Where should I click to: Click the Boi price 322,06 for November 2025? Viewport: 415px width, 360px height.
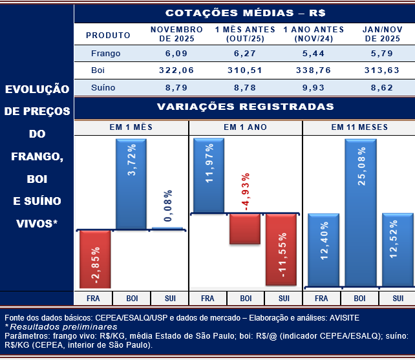[176, 70]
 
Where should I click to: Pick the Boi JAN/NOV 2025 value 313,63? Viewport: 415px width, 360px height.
[379, 70]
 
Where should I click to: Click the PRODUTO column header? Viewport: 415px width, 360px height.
[108, 35]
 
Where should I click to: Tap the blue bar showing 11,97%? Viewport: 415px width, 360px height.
[208, 176]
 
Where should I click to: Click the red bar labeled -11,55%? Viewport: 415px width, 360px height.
[284, 249]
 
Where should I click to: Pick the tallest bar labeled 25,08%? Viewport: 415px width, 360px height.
[360, 213]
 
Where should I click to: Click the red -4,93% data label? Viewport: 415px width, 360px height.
[246, 193]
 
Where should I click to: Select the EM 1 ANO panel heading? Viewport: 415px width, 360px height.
[245, 127]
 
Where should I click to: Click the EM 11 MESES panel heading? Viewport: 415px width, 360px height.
[359, 127]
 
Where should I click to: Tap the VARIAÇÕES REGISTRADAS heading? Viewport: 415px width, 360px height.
[245, 107]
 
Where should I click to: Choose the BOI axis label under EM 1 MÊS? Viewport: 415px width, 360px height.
[132, 299]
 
